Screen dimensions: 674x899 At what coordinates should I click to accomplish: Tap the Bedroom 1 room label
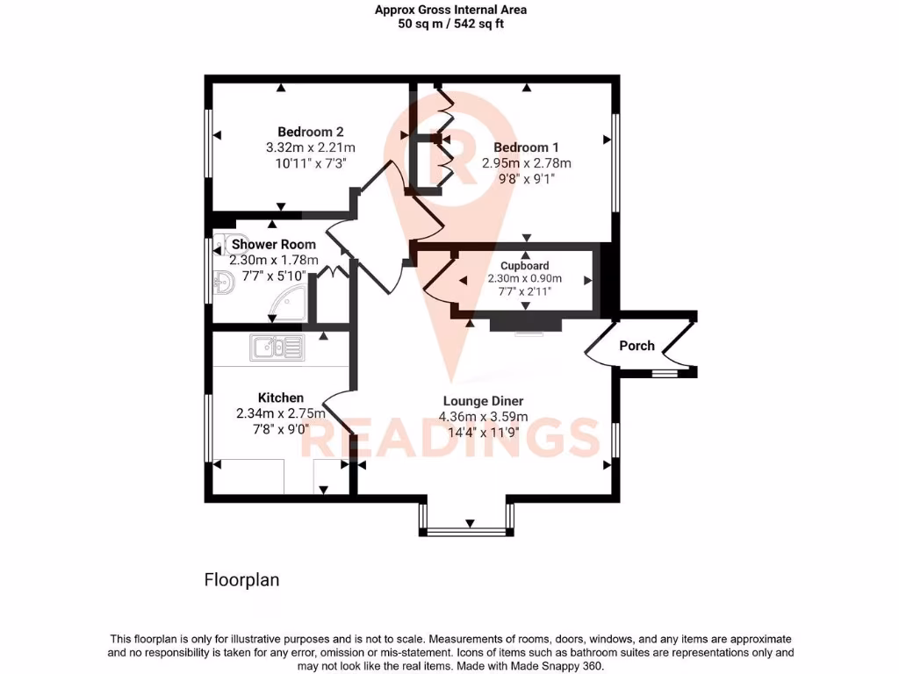[x=526, y=147]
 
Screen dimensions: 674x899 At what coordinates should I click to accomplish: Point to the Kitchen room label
[x=281, y=398]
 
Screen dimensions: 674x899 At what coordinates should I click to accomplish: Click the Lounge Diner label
[x=485, y=401]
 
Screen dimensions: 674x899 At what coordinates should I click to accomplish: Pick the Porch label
[x=636, y=346]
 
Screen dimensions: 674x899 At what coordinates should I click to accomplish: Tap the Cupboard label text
[x=525, y=265]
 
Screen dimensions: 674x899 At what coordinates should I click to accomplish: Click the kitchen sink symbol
[x=277, y=348]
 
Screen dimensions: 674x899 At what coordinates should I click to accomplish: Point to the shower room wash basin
[x=223, y=282]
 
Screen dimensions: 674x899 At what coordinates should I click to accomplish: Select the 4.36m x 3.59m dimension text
[x=485, y=416]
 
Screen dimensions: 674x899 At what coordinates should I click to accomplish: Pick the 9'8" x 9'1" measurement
[x=526, y=178]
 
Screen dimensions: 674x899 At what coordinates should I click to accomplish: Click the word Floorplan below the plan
[x=241, y=580]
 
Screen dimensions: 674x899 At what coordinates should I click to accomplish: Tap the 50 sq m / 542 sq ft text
[x=450, y=24]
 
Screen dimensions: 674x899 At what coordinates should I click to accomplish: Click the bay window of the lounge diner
[x=466, y=530]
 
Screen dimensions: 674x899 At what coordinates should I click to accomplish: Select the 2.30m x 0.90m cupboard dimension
[x=525, y=278]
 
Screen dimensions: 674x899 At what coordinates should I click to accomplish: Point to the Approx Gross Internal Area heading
[x=450, y=11]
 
